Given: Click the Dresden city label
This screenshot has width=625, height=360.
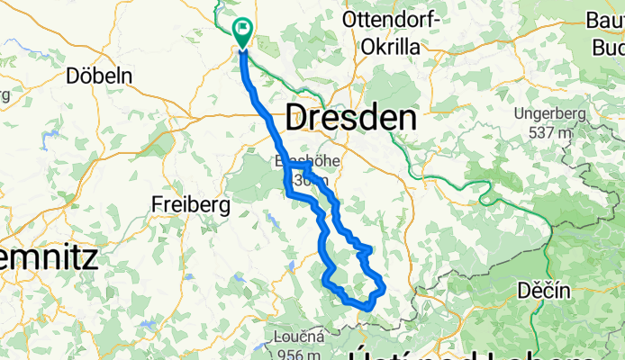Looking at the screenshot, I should tap(351, 118).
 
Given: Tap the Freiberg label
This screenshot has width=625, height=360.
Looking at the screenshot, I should tap(191, 204).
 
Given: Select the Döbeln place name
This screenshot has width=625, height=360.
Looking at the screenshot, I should tap(99, 76).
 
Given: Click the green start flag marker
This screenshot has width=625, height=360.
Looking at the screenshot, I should tap(243, 31).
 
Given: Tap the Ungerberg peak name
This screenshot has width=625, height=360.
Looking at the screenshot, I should tap(548, 114).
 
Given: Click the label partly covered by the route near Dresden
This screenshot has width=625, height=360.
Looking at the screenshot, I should tap(298, 172).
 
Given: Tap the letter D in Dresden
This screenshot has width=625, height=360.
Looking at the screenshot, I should tap(296, 118).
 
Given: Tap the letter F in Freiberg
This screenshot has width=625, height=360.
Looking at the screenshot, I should tap(158, 204).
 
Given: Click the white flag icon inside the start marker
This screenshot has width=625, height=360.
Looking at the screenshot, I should tap(243, 28).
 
